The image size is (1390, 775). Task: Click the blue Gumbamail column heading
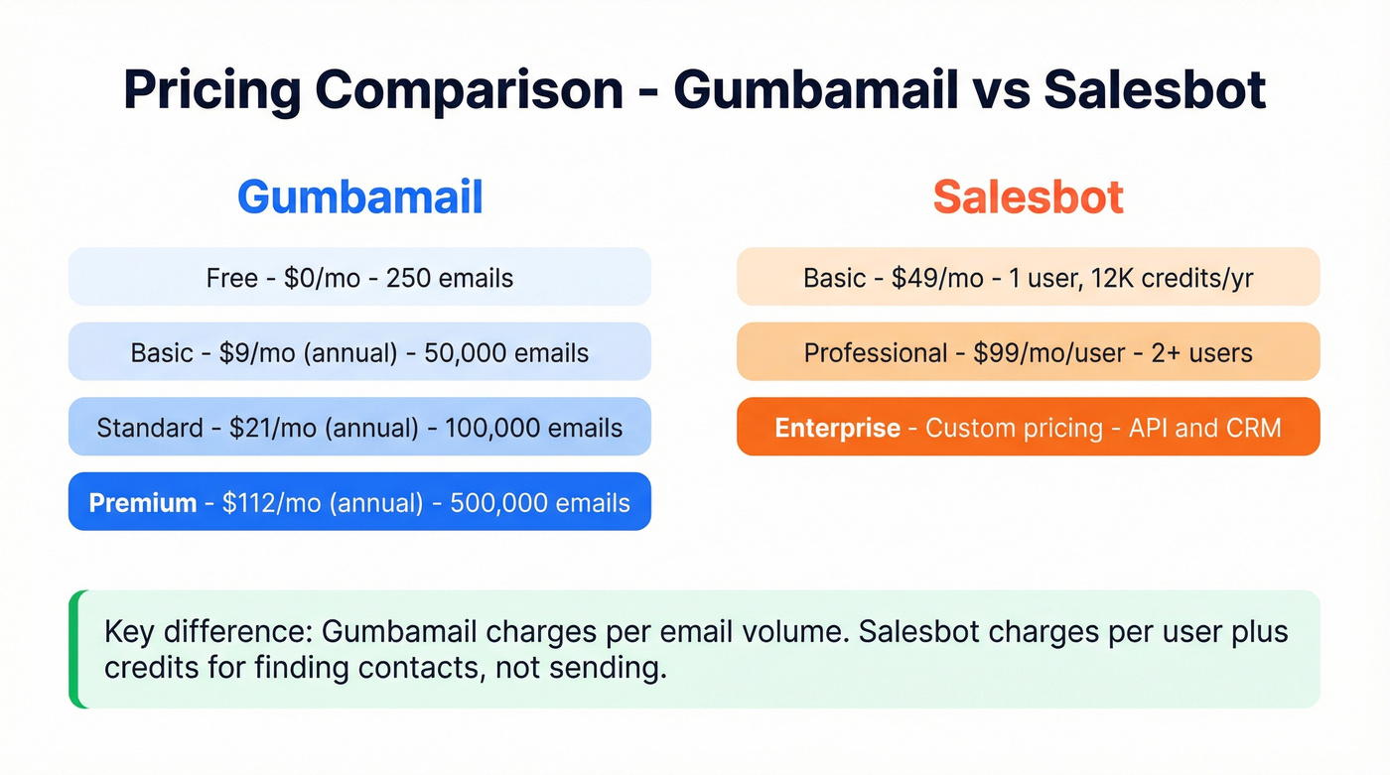click(x=359, y=196)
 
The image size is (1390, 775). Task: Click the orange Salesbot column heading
click(x=1028, y=196)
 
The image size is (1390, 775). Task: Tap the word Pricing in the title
click(x=211, y=90)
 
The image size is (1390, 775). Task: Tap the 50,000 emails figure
click(x=506, y=353)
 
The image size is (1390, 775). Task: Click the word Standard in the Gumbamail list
click(x=150, y=428)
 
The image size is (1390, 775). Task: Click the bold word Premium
click(x=143, y=503)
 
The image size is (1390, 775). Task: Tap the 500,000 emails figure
click(x=540, y=503)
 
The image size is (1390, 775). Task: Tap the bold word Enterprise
click(x=837, y=428)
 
